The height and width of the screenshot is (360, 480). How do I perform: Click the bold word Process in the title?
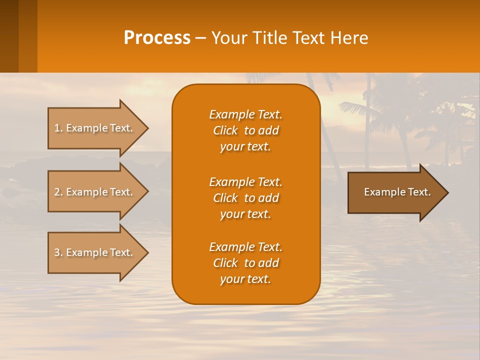click(157, 38)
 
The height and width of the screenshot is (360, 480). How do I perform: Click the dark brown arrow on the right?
click(395, 192)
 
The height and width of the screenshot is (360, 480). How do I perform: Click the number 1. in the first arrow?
click(58, 128)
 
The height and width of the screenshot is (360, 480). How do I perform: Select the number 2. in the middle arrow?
click(58, 192)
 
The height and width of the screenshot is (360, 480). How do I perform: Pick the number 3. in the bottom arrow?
click(58, 252)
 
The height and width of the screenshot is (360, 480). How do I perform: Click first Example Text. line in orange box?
click(245, 114)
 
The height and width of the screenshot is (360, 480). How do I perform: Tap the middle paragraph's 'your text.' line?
click(245, 214)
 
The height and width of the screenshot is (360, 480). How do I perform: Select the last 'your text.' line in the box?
click(245, 279)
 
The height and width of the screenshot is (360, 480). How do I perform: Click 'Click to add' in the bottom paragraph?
click(245, 263)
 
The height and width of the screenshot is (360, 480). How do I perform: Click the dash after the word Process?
click(200, 38)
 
